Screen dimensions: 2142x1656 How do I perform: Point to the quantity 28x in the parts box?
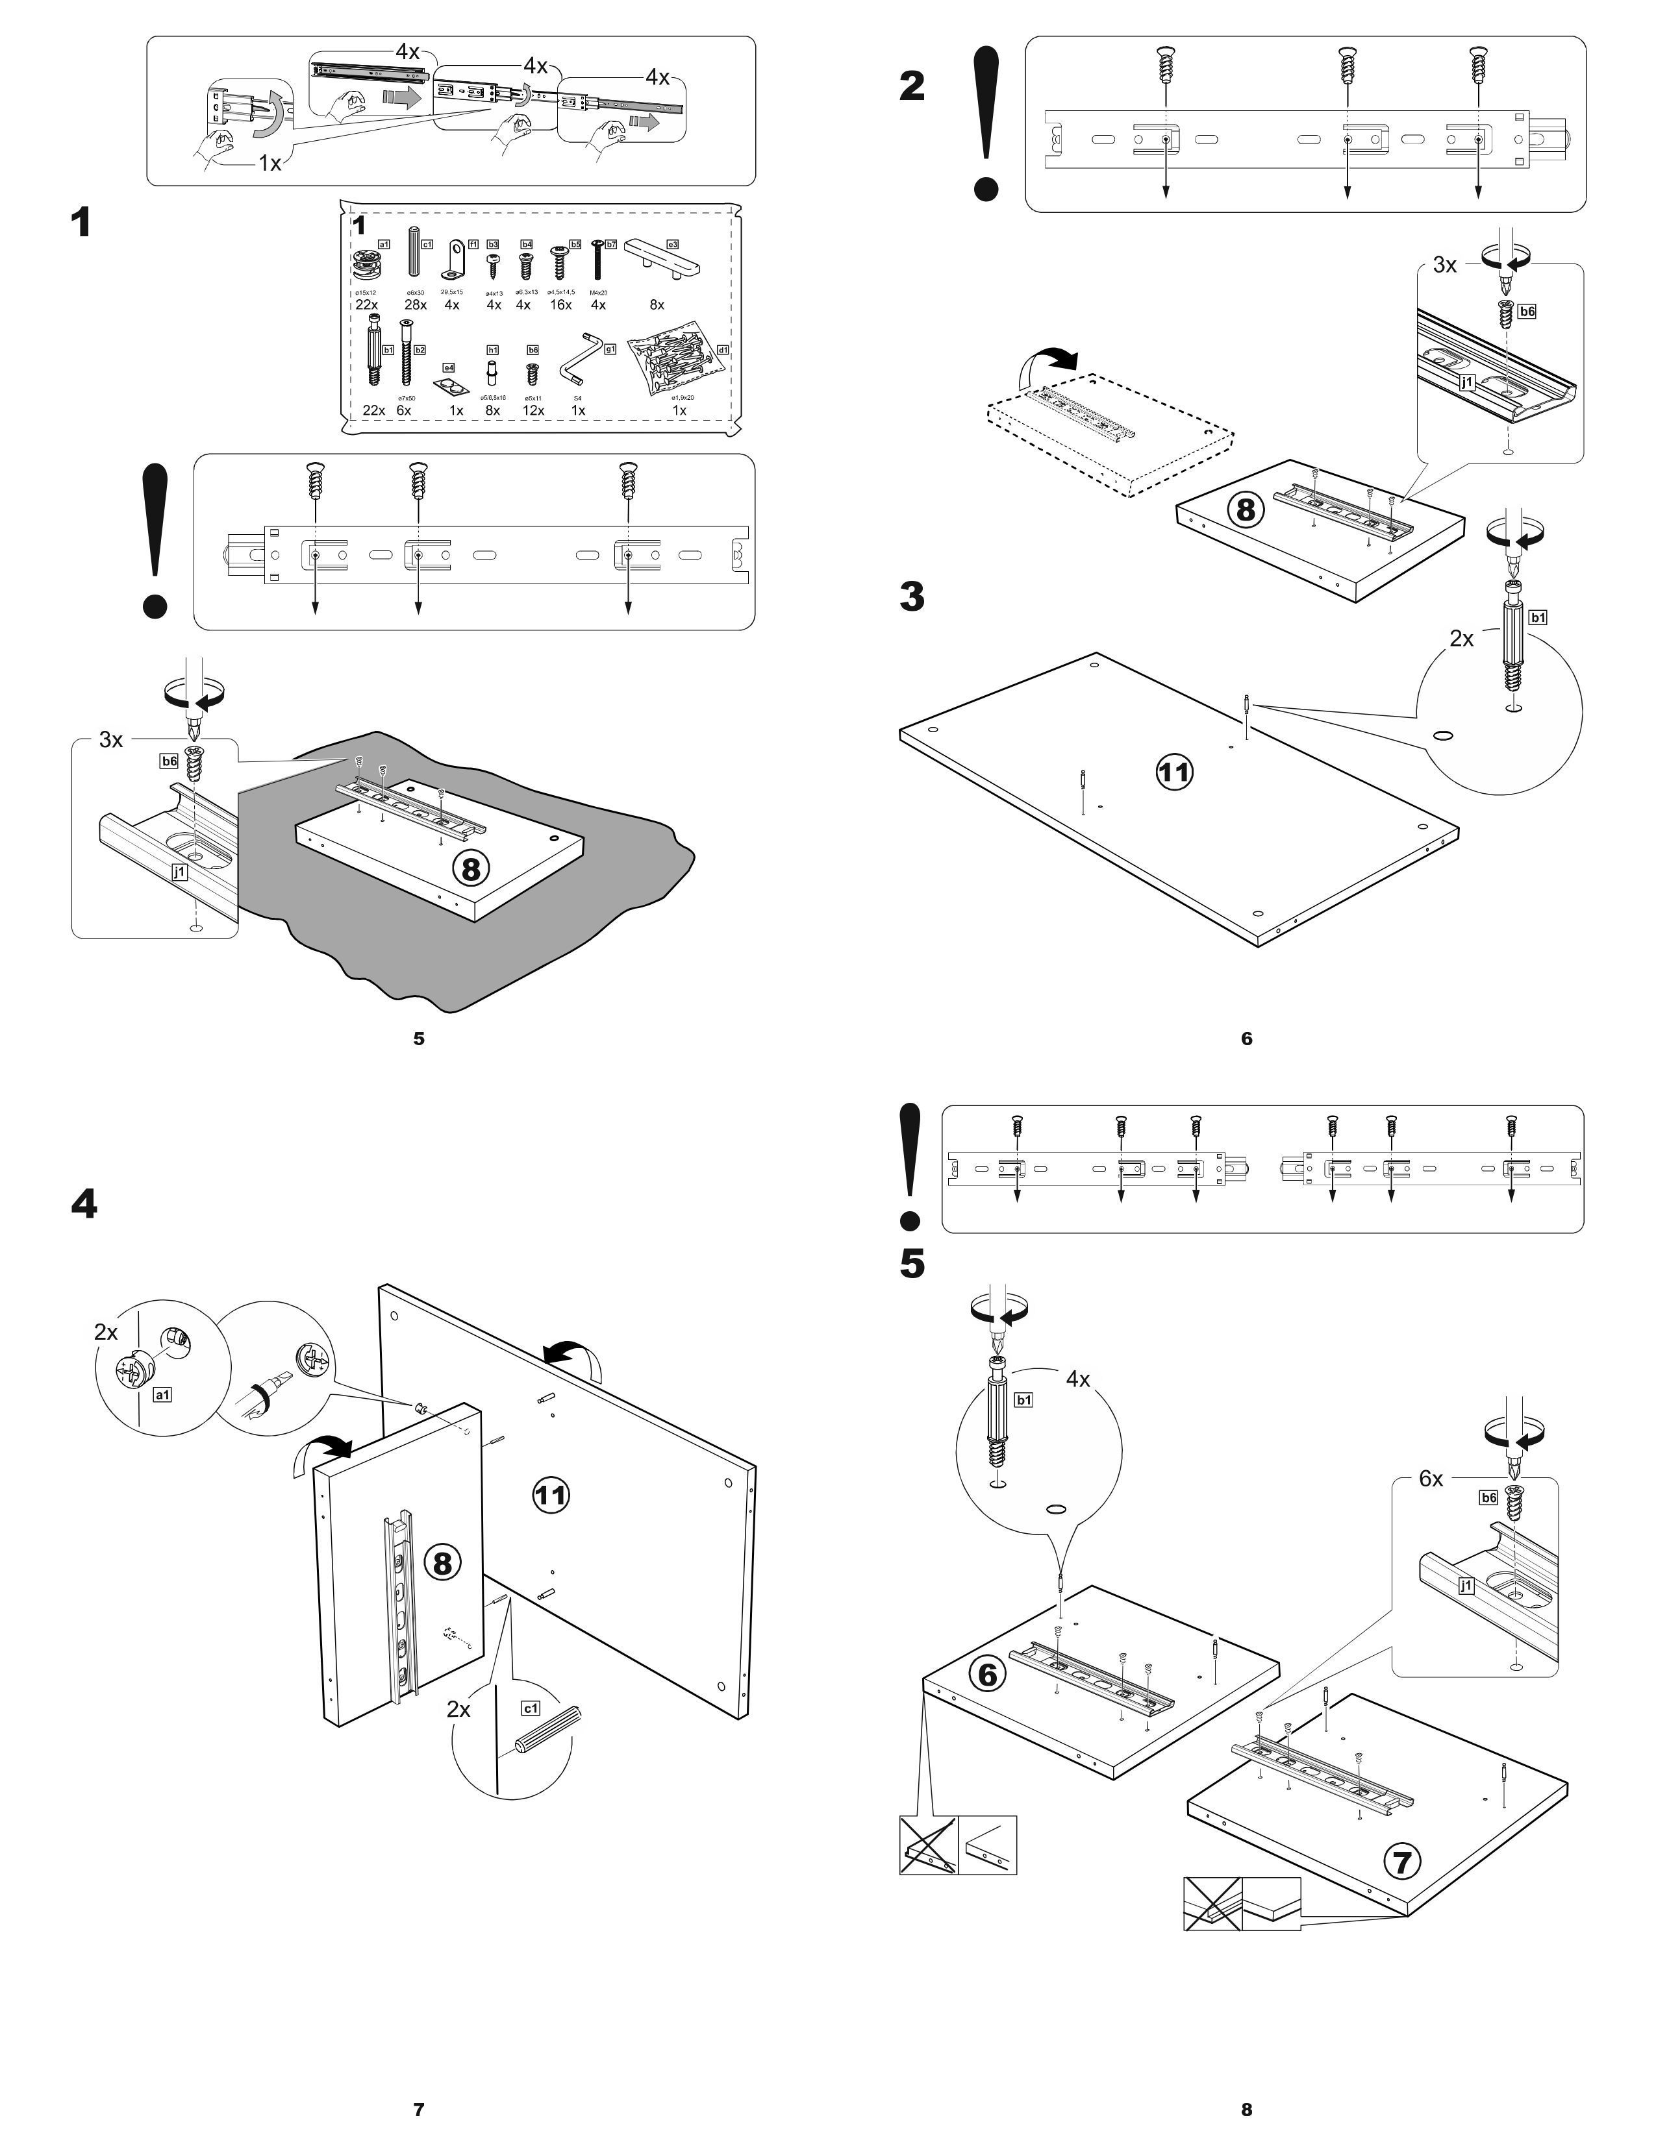pos(416,305)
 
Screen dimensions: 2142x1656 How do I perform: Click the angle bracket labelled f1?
pos(454,261)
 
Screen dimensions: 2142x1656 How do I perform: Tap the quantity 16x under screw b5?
pos(561,305)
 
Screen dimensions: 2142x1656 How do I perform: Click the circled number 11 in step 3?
pos(1173,772)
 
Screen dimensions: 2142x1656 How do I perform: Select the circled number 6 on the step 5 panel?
pos(987,1673)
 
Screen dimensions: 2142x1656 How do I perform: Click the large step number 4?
pos(84,1203)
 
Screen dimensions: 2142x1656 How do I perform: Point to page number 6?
pos(1247,1038)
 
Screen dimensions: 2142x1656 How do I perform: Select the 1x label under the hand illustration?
pos(270,163)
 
